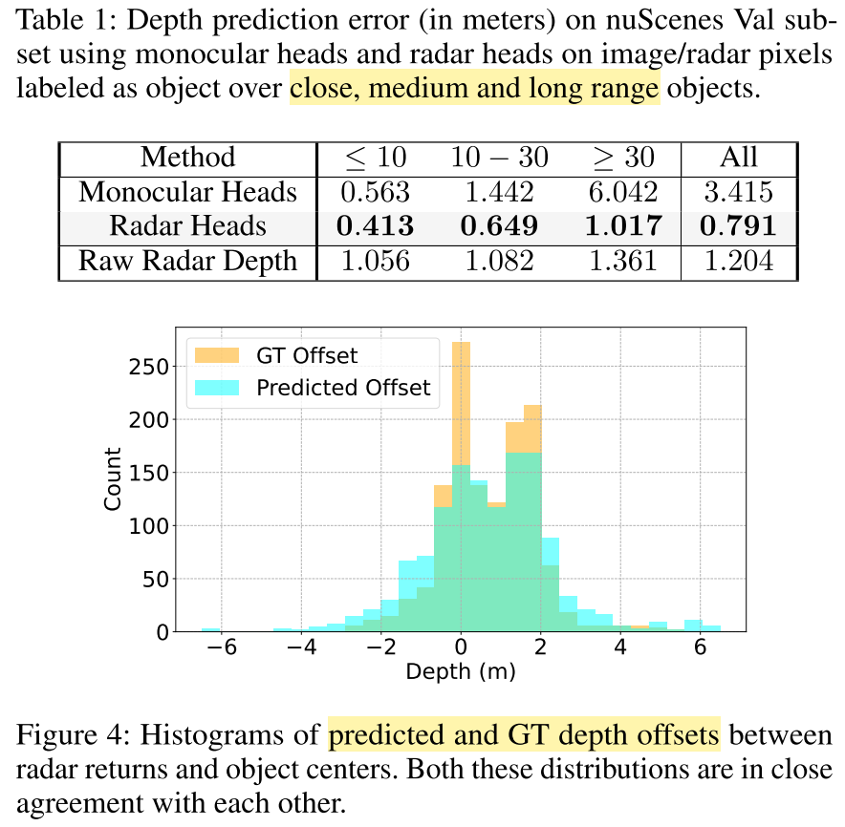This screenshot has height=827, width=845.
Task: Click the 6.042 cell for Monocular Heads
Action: click(x=622, y=192)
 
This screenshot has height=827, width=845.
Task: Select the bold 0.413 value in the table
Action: click(x=375, y=226)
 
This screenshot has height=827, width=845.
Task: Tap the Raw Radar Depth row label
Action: click(x=187, y=261)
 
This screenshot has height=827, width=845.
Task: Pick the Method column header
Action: click(x=187, y=158)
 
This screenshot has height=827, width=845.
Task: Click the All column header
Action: click(x=739, y=158)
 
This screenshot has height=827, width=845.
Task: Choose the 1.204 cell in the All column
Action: click(x=739, y=261)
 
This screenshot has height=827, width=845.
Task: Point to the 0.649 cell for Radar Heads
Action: click(x=499, y=226)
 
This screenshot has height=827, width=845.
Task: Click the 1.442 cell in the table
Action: click(x=499, y=192)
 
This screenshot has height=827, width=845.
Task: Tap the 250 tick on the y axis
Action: click(x=155, y=367)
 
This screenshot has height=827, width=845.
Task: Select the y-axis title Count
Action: click(x=113, y=478)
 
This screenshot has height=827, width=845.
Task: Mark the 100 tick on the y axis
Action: click(x=155, y=525)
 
